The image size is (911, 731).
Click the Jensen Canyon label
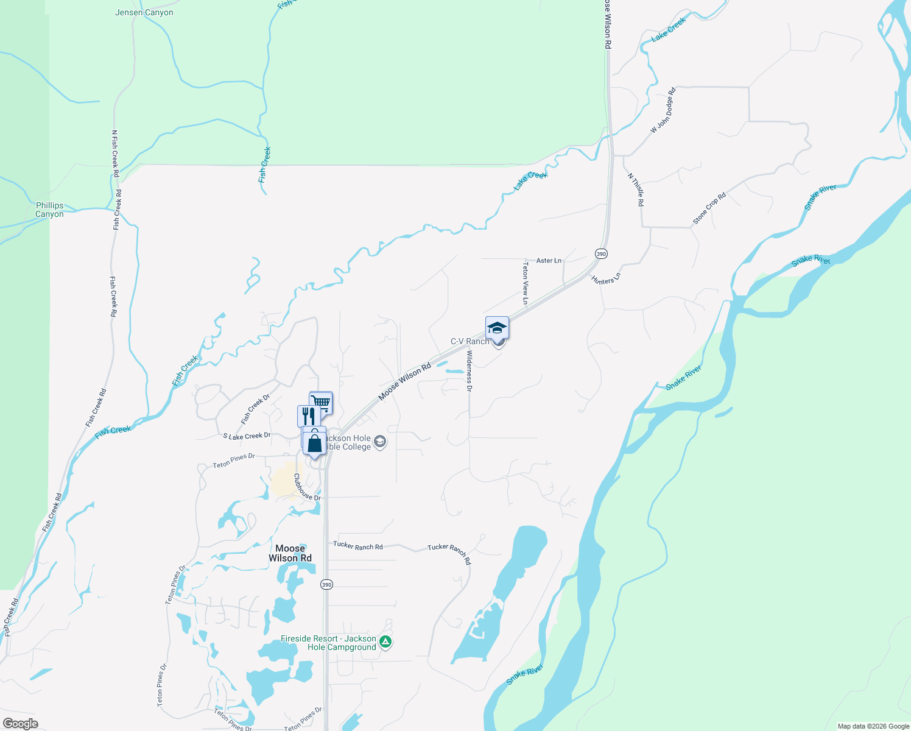[144, 12]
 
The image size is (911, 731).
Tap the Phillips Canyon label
[49, 210]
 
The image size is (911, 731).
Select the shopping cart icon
[321, 402]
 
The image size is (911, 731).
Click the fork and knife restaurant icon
[308, 416]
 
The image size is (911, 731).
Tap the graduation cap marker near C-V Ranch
[497, 328]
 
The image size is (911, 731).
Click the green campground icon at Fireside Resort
[385, 641]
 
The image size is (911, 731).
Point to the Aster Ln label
[549, 261]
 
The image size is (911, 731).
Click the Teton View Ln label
[525, 283]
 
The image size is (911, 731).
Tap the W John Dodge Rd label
[663, 111]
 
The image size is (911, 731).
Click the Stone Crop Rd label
[709, 209]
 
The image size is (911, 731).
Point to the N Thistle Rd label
[636, 189]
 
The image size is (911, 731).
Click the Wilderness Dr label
[469, 370]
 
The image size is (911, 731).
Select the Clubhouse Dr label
[307, 488]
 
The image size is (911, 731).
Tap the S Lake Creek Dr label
[247, 436]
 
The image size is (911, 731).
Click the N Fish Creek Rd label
[114, 149]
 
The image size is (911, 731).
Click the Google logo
[20, 724]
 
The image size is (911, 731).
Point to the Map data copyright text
[873, 726]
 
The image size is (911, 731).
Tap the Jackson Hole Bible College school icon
[380, 442]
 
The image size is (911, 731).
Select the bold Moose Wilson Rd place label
[290, 553]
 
